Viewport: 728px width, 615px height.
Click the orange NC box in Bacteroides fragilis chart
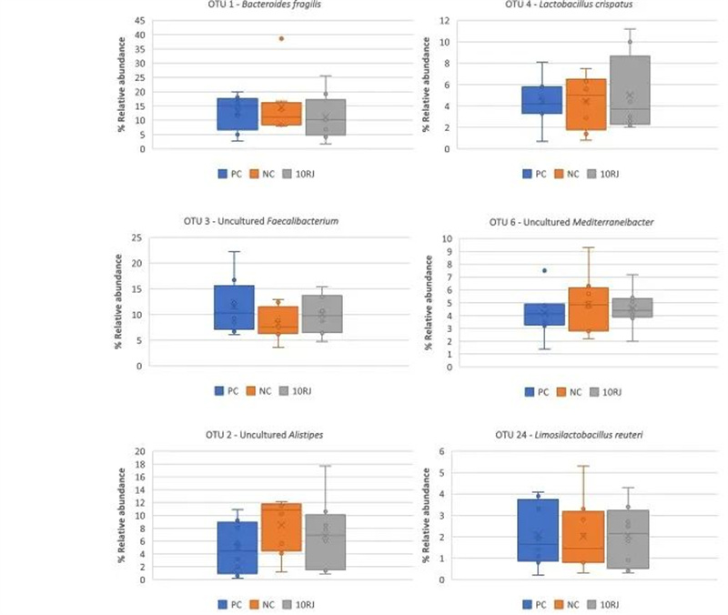coord(274,114)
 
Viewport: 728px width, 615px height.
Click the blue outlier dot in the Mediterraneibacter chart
coord(544,270)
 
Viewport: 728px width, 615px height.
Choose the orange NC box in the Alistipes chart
coord(280,527)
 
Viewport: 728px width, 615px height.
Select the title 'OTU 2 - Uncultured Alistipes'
coord(264,435)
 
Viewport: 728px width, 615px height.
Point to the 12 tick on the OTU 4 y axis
coord(444,20)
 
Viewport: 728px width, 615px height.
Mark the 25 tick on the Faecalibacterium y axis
coord(137,238)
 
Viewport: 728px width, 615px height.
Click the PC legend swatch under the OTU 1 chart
coord(222,173)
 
